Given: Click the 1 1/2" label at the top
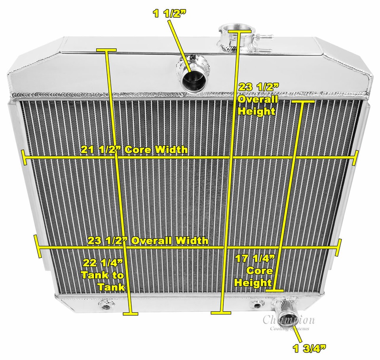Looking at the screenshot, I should [x=169, y=14].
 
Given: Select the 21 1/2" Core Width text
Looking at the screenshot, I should [x=134, y=150].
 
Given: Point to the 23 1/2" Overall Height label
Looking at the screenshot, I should [x=256, y=99].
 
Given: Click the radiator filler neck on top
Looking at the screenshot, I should [x=236, y=34].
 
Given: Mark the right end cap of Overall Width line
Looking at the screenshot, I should [x=340, y=248].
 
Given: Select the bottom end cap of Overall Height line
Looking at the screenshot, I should [x=221, y=312].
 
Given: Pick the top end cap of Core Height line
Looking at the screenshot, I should [x=303, y=102].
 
